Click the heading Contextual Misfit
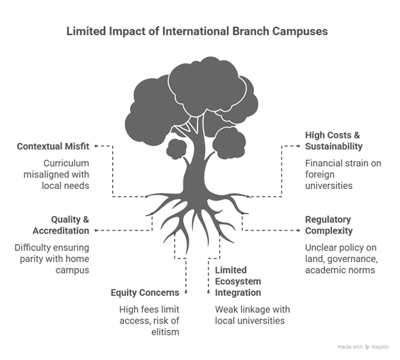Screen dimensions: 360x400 pyautogui.click(x=53, y=147)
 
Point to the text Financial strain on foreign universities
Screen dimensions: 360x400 pyautogui.click(x=342, y=174)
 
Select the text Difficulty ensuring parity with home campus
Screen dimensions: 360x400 pyautogui.click(x=53, y=259)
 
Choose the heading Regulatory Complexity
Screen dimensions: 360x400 pyautogui.click(x=328, y=224)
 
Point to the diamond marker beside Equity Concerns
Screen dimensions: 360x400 pyautogui.click(x=186, y=292)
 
